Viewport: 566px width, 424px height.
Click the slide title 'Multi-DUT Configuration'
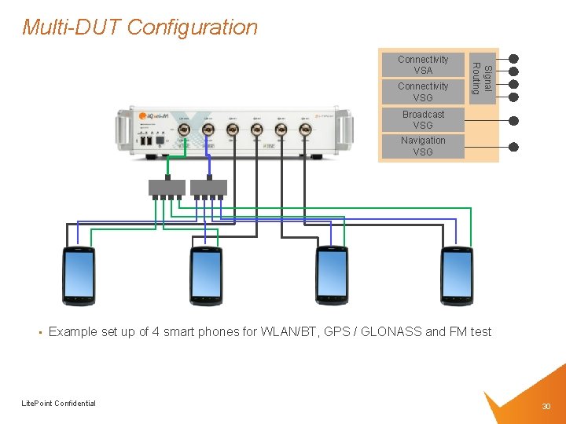[x=140, y=27]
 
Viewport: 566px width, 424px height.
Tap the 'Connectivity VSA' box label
[x=422, y=65]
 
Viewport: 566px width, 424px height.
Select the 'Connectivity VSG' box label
[x=422, y=92]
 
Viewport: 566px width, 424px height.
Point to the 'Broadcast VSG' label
[x=423, y=120]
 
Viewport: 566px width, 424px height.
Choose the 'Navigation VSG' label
[x=423, y=146]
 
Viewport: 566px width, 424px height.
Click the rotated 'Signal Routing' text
[x=481, y=79]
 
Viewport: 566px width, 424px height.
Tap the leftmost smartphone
[x=79, y=276]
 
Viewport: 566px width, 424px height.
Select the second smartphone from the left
[x=206, y=276]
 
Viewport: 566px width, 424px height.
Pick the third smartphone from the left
[x=332, y=276]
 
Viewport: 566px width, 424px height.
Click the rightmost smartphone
[x=457, y=276]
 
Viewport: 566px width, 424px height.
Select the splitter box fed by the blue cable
[x=208, y=188]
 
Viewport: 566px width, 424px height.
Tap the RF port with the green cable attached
[x=183, y=130]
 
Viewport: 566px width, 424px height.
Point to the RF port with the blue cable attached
[x=208, y=130]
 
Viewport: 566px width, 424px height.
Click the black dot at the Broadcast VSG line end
[x=513, y=121]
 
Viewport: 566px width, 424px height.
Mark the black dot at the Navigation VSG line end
[x=513, y=147]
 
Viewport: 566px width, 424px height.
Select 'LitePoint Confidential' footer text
[x=58, y=404]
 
